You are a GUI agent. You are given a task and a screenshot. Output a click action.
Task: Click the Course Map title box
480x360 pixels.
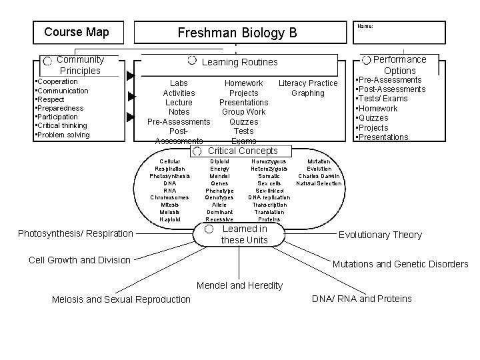click(x=76, y=32)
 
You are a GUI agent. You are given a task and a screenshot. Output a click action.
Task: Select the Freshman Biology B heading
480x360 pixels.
click(x=237, y=33)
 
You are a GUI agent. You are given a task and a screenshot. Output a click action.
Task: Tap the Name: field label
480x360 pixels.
click(x=365, y=26)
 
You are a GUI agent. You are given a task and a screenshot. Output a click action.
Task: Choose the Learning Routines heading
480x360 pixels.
click(x=239, y=62)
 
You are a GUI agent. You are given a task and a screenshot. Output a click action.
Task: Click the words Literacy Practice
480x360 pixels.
click(x=308, y=83)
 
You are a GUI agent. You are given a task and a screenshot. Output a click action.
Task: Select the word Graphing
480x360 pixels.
click(x=307, y=93)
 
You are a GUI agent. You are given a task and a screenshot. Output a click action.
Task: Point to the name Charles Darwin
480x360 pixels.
click(x=319, y=176)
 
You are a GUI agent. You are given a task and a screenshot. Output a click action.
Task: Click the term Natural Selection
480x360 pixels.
click(x=319, y=183)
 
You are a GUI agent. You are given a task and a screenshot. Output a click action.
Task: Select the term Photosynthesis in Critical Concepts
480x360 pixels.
click(x=169, y=176)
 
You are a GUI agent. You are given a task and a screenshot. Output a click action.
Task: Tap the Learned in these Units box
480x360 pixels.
click(x=244, y=234)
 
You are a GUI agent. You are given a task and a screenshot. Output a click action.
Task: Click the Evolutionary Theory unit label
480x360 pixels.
click(x=380, y=235)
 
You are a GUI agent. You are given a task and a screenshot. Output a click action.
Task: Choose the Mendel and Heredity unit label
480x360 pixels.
click(x=239, y=286)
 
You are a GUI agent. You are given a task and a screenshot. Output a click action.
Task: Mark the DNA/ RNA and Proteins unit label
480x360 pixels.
click(x=362, y=299)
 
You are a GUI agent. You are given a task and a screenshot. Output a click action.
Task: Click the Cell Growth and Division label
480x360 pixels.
click(x=80, y=260)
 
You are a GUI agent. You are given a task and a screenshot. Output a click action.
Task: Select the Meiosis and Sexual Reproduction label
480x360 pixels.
click(x=121, y=299)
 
